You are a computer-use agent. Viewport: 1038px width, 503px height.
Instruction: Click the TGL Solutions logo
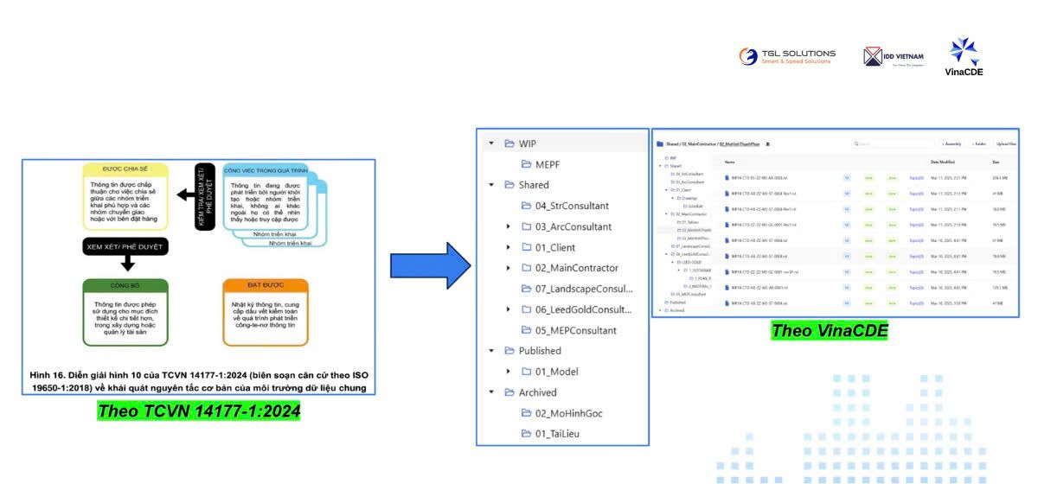click(787, 56)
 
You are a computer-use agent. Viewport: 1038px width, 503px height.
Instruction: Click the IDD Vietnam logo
click(894, 57)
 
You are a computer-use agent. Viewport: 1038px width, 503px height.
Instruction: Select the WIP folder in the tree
click(527, 143)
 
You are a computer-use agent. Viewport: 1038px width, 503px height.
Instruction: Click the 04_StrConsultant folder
click(571, 206)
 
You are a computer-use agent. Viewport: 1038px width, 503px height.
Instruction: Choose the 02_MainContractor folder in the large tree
click(576, 268)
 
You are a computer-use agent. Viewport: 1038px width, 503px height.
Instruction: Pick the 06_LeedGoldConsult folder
click(576, 309)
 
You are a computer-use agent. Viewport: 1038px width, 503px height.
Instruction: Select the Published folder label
click(540, 351)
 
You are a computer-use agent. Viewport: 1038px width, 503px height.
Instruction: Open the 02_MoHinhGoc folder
click(567, 413)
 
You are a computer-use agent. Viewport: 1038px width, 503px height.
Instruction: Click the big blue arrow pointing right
click(430, 265)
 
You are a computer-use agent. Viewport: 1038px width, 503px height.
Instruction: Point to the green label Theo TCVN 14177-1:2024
click(199, 411)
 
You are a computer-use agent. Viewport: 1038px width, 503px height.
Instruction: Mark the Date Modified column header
click(944, 162)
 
